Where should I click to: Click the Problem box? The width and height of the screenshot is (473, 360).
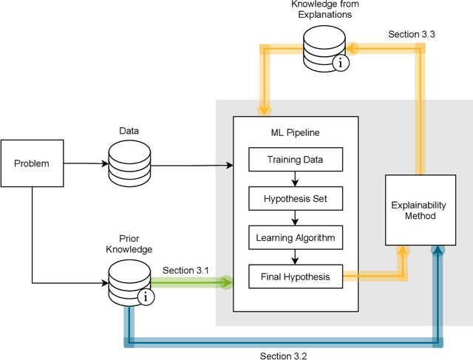(33, 163)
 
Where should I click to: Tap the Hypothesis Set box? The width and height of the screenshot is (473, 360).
(295, 198)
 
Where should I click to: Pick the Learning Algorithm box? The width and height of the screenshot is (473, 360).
(295, 238)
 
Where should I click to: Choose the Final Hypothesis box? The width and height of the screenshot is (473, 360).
(295, 278)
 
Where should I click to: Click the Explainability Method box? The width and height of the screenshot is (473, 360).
(418, 210)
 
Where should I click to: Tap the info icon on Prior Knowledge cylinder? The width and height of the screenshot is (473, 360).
(146, 298)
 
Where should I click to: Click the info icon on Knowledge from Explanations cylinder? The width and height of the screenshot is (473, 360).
(341, 64)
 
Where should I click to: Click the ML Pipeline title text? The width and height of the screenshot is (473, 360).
(295, 132)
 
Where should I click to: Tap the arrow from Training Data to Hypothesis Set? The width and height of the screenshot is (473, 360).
(295, 178)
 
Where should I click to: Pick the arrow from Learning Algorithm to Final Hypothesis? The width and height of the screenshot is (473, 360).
(295, 258)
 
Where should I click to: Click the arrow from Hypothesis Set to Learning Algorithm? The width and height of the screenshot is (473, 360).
(295, 218)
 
